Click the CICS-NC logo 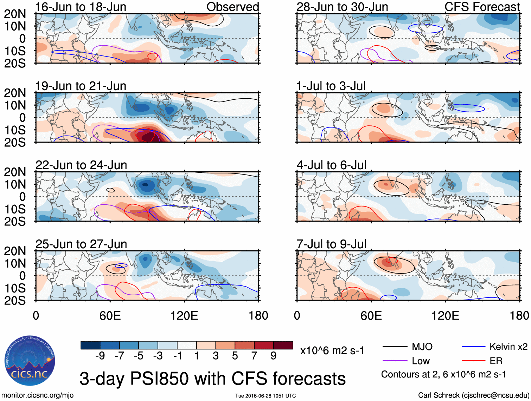30,361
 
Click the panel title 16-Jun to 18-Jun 81,7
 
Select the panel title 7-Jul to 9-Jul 331,244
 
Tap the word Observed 232,7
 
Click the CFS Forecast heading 482,7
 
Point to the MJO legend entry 422,347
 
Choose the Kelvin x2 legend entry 508,347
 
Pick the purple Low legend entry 421,361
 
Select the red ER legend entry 496,361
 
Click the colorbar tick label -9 100,356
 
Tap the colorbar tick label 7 254,356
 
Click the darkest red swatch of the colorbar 283,345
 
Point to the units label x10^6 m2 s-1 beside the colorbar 332,350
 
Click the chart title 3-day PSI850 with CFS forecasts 212,379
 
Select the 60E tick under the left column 110,315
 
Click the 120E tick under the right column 445,315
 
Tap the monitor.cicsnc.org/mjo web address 38,395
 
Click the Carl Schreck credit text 473,395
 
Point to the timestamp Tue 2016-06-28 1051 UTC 265,396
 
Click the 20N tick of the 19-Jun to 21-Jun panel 15,93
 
